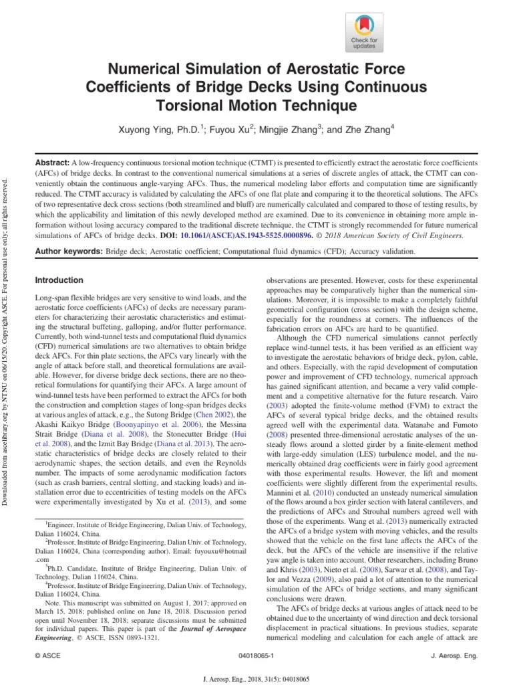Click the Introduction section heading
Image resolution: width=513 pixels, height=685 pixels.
(59, 280)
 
